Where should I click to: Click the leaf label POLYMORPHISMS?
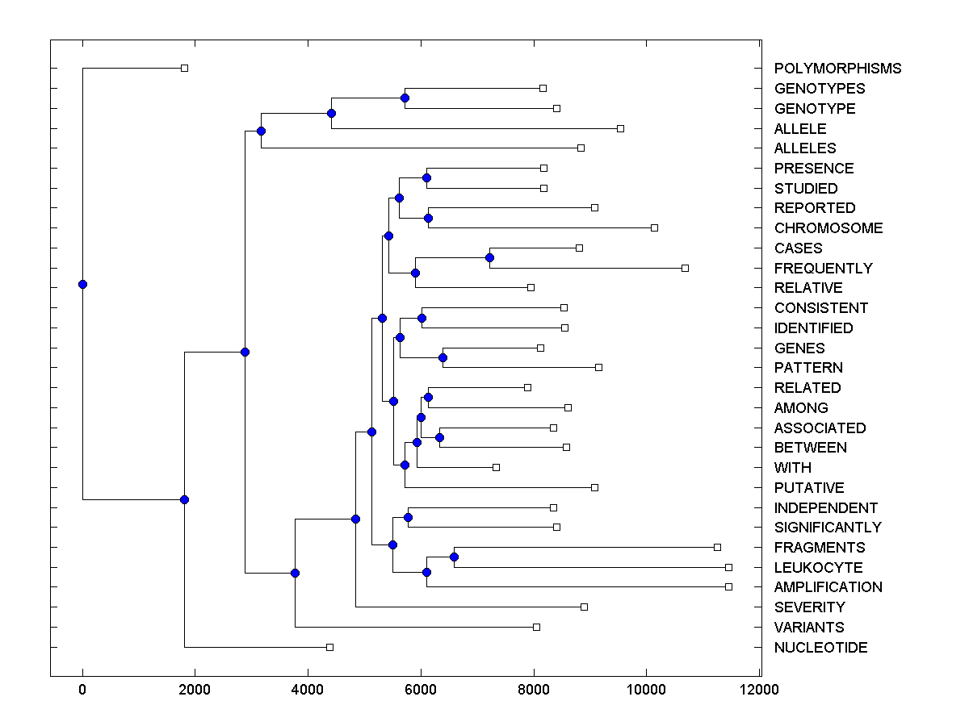[x=837, y=69]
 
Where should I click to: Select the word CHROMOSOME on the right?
[x=828, y=228]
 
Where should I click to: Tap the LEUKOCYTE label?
[x=818, y=568]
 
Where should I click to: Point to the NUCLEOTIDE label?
[x=820, y=648]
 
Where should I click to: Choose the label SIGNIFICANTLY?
[x=828, y=528]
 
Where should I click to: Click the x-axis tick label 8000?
[x=534, y=690]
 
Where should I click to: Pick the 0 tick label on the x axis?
[x=82, y=690]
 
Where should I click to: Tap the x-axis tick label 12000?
[x=760, y=690]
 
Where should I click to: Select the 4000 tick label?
[x=308, y=690]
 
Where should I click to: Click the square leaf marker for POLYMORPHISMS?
[x=184, y=68]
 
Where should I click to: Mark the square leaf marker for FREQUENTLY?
[x=685, y=268]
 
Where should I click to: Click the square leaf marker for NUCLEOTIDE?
[x=329, y=647]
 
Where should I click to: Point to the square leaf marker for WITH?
[x=496, y=467]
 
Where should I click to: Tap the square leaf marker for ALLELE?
[x=620, y=128]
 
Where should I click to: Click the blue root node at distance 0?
[x=82, y=284]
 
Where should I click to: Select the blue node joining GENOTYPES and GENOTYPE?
[x=405, y=98]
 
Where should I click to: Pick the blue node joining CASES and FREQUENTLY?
[x=489, y=257]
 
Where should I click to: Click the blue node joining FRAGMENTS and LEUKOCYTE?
[x=454, y=557]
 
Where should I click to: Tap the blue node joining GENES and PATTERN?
[x=443, y=357]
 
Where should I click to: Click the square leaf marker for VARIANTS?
[x=536, y=627]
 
